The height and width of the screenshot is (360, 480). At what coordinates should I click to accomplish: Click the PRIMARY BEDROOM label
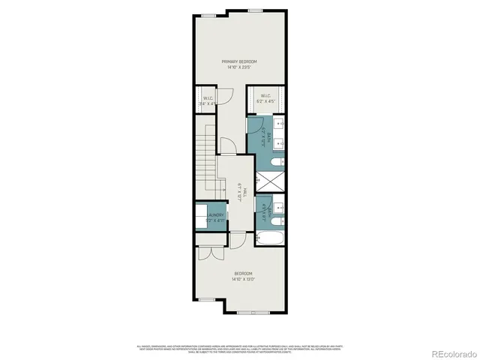click(x=239, y=61)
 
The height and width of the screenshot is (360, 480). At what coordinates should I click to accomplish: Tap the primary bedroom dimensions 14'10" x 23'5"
click(x=239, y=67)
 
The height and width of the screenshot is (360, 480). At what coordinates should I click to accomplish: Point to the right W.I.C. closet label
click(x=266, y=96)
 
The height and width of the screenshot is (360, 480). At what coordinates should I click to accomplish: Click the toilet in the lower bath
click(x=276, y=221)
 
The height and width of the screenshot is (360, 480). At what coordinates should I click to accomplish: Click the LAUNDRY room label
click(x=215, y=215)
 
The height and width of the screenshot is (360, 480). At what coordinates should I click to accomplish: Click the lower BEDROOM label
click(x=242, y=273)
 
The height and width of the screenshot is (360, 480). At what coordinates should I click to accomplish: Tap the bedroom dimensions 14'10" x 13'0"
click(x=242, y=280)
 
